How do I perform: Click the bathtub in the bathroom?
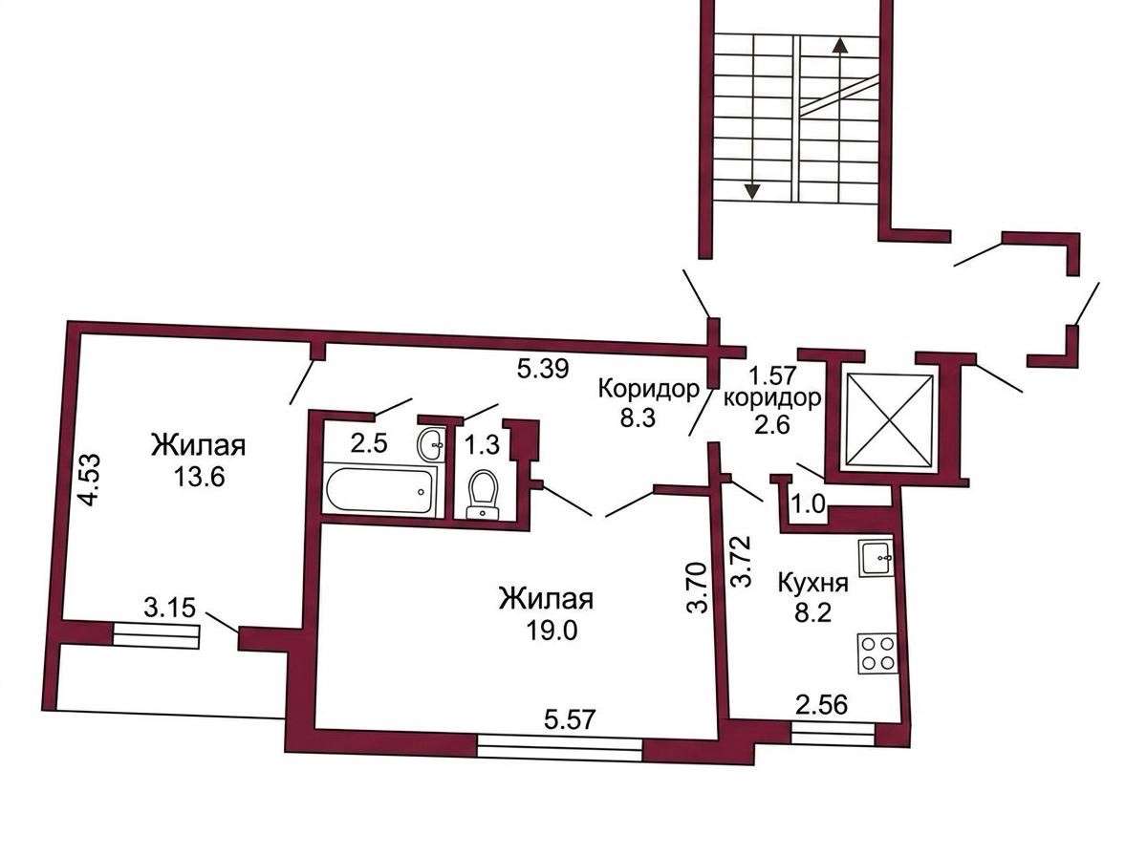point(379,491)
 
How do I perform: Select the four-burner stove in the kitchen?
point(877,653)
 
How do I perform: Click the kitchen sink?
point(876,558)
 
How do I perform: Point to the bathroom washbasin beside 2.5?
point(432,444)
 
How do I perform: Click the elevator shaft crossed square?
point(889,419)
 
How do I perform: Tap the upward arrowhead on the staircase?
point(840,45)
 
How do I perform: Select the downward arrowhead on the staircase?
point(751,192)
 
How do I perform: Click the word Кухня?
point(813,584)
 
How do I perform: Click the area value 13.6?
point(199,477)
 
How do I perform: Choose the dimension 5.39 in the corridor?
point(542,370)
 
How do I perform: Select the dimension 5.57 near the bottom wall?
point(570,719)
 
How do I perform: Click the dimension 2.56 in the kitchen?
point(821,704)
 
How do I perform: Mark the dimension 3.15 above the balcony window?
point(170,608)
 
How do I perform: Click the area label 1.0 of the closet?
point(808,504)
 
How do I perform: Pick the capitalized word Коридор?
point(648,390)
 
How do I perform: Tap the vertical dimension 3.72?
point(740,562)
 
